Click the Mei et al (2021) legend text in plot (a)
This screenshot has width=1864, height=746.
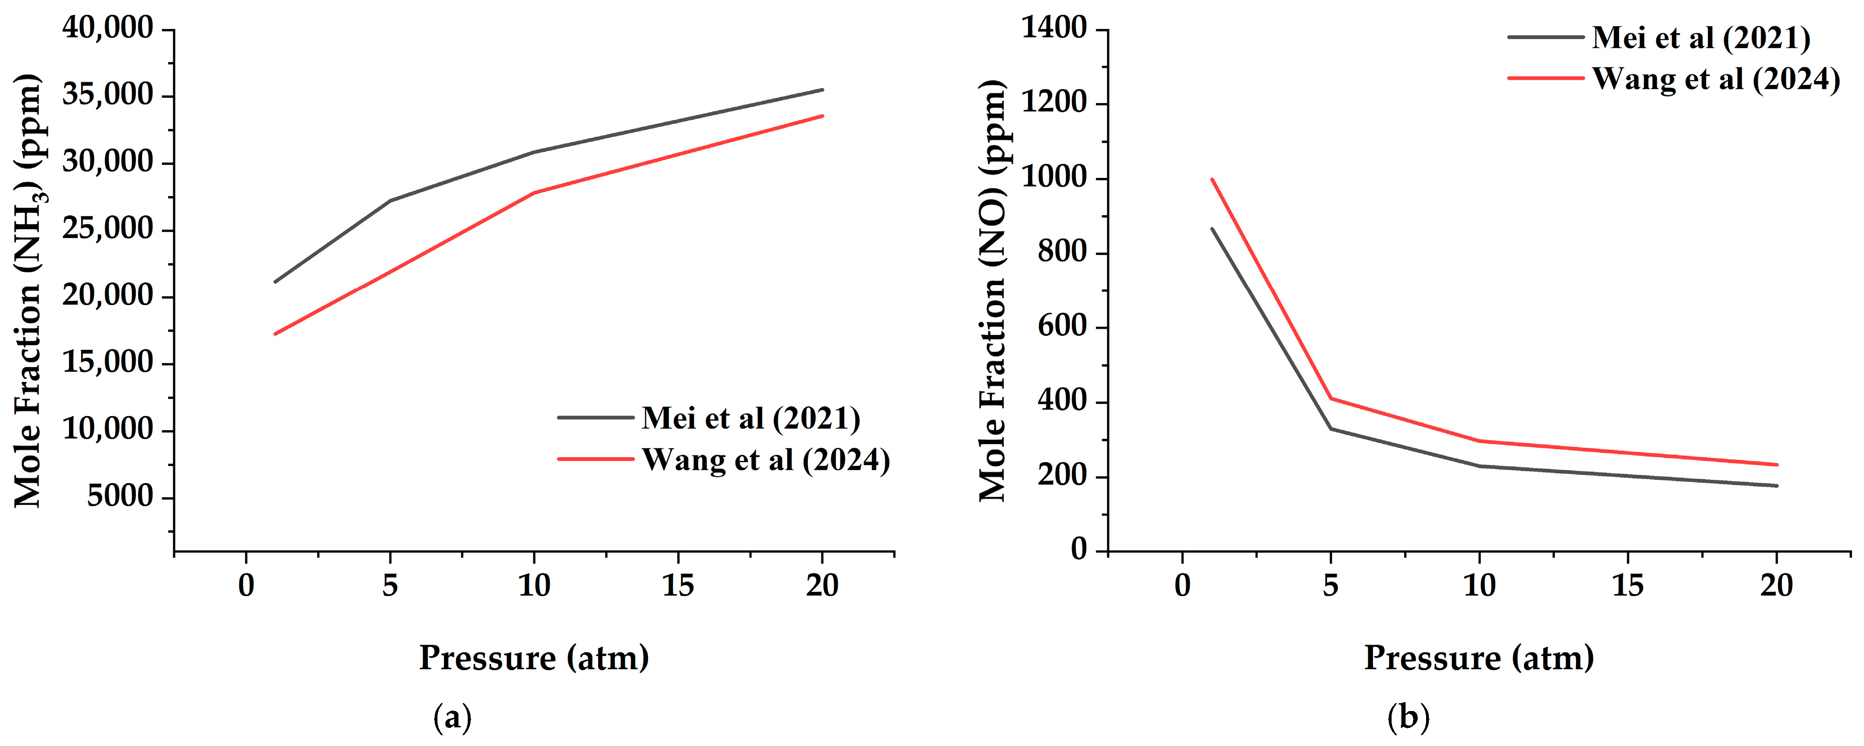pos(751,418)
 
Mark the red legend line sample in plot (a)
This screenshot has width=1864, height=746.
pos(595,459)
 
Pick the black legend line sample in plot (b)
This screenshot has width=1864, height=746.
pos(1546,36)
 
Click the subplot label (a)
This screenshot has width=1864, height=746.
pos(452,718)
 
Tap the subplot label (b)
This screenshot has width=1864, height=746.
pos(1408,718)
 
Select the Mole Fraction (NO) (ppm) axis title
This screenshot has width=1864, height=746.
pos(994,289)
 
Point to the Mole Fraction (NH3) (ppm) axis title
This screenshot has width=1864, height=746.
pos(29,289)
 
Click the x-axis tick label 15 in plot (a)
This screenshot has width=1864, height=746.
pos(678,585)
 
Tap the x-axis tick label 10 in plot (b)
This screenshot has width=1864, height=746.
pos(1479,585)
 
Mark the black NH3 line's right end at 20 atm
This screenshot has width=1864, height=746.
pos(822,90)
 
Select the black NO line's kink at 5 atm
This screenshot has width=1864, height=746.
pos(1331,429)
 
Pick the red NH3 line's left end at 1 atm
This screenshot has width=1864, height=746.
pos(275,334)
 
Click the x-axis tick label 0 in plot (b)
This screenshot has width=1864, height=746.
pos(1182,585)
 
